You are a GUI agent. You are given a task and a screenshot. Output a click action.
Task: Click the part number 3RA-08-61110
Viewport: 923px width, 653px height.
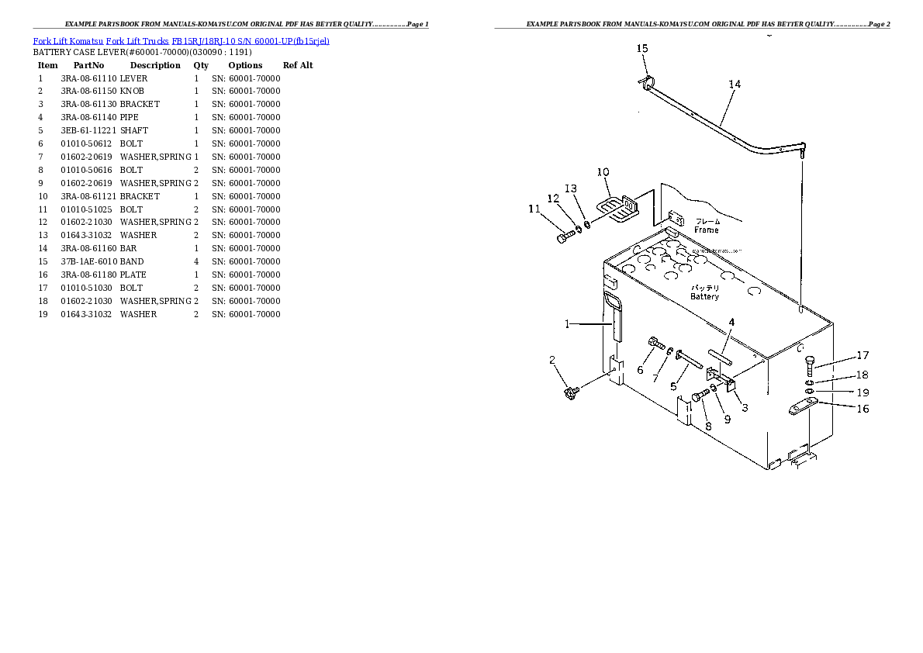click(x=88, y=78)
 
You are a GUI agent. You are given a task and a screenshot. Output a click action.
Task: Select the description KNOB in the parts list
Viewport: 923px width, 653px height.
click(x=132, y=92)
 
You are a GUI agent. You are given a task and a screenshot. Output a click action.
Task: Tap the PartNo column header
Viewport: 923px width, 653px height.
click(x=88, y=65)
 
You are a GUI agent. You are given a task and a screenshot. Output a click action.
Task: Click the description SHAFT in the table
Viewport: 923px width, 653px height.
click(x=133, y=130)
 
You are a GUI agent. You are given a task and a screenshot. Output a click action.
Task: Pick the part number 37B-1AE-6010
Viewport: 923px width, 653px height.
click(x=88, y=261)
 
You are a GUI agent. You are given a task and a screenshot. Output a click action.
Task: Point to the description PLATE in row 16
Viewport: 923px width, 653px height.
click(x=133, y=275)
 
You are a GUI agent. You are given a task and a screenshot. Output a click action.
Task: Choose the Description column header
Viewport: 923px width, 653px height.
click(x=155, y=65)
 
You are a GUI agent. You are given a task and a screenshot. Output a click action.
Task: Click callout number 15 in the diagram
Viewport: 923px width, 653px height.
click(x=642, y=49)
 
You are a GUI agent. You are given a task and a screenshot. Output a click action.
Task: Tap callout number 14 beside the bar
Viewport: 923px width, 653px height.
click(x=735, y=85)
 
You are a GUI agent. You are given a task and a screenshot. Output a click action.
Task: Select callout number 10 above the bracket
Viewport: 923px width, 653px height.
click(x=603, y=172)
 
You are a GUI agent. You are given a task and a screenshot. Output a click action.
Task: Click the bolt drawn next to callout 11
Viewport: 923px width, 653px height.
click(x=563, y=237)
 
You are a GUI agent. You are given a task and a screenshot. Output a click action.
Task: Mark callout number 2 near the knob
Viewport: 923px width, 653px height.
click(x=551, y=360)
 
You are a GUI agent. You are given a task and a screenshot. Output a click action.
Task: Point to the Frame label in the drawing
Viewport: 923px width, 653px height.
click(x=707, y=230)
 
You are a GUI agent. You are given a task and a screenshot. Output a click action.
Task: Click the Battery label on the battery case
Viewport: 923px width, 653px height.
click(x=705, y=296)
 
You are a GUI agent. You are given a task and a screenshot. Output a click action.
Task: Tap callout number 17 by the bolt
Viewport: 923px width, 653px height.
click(x=863, y=356)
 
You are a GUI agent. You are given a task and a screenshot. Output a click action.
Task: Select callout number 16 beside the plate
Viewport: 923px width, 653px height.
click(x=863, y=409)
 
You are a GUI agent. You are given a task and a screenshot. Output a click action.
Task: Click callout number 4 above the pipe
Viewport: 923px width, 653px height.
click(x=731, y=323)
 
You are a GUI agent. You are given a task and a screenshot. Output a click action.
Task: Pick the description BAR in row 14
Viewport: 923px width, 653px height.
click(x=128, y=248)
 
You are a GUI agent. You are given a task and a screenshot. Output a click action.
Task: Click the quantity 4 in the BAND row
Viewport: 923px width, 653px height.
click(x=196, y=261)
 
